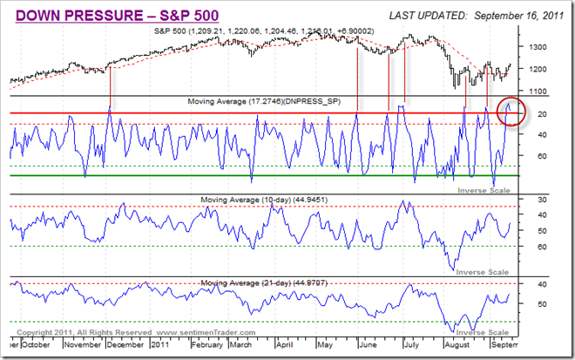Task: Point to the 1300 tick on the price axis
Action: (538, 47)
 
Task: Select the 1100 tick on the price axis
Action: (538, 92)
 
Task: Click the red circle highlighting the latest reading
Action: (510, 111)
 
